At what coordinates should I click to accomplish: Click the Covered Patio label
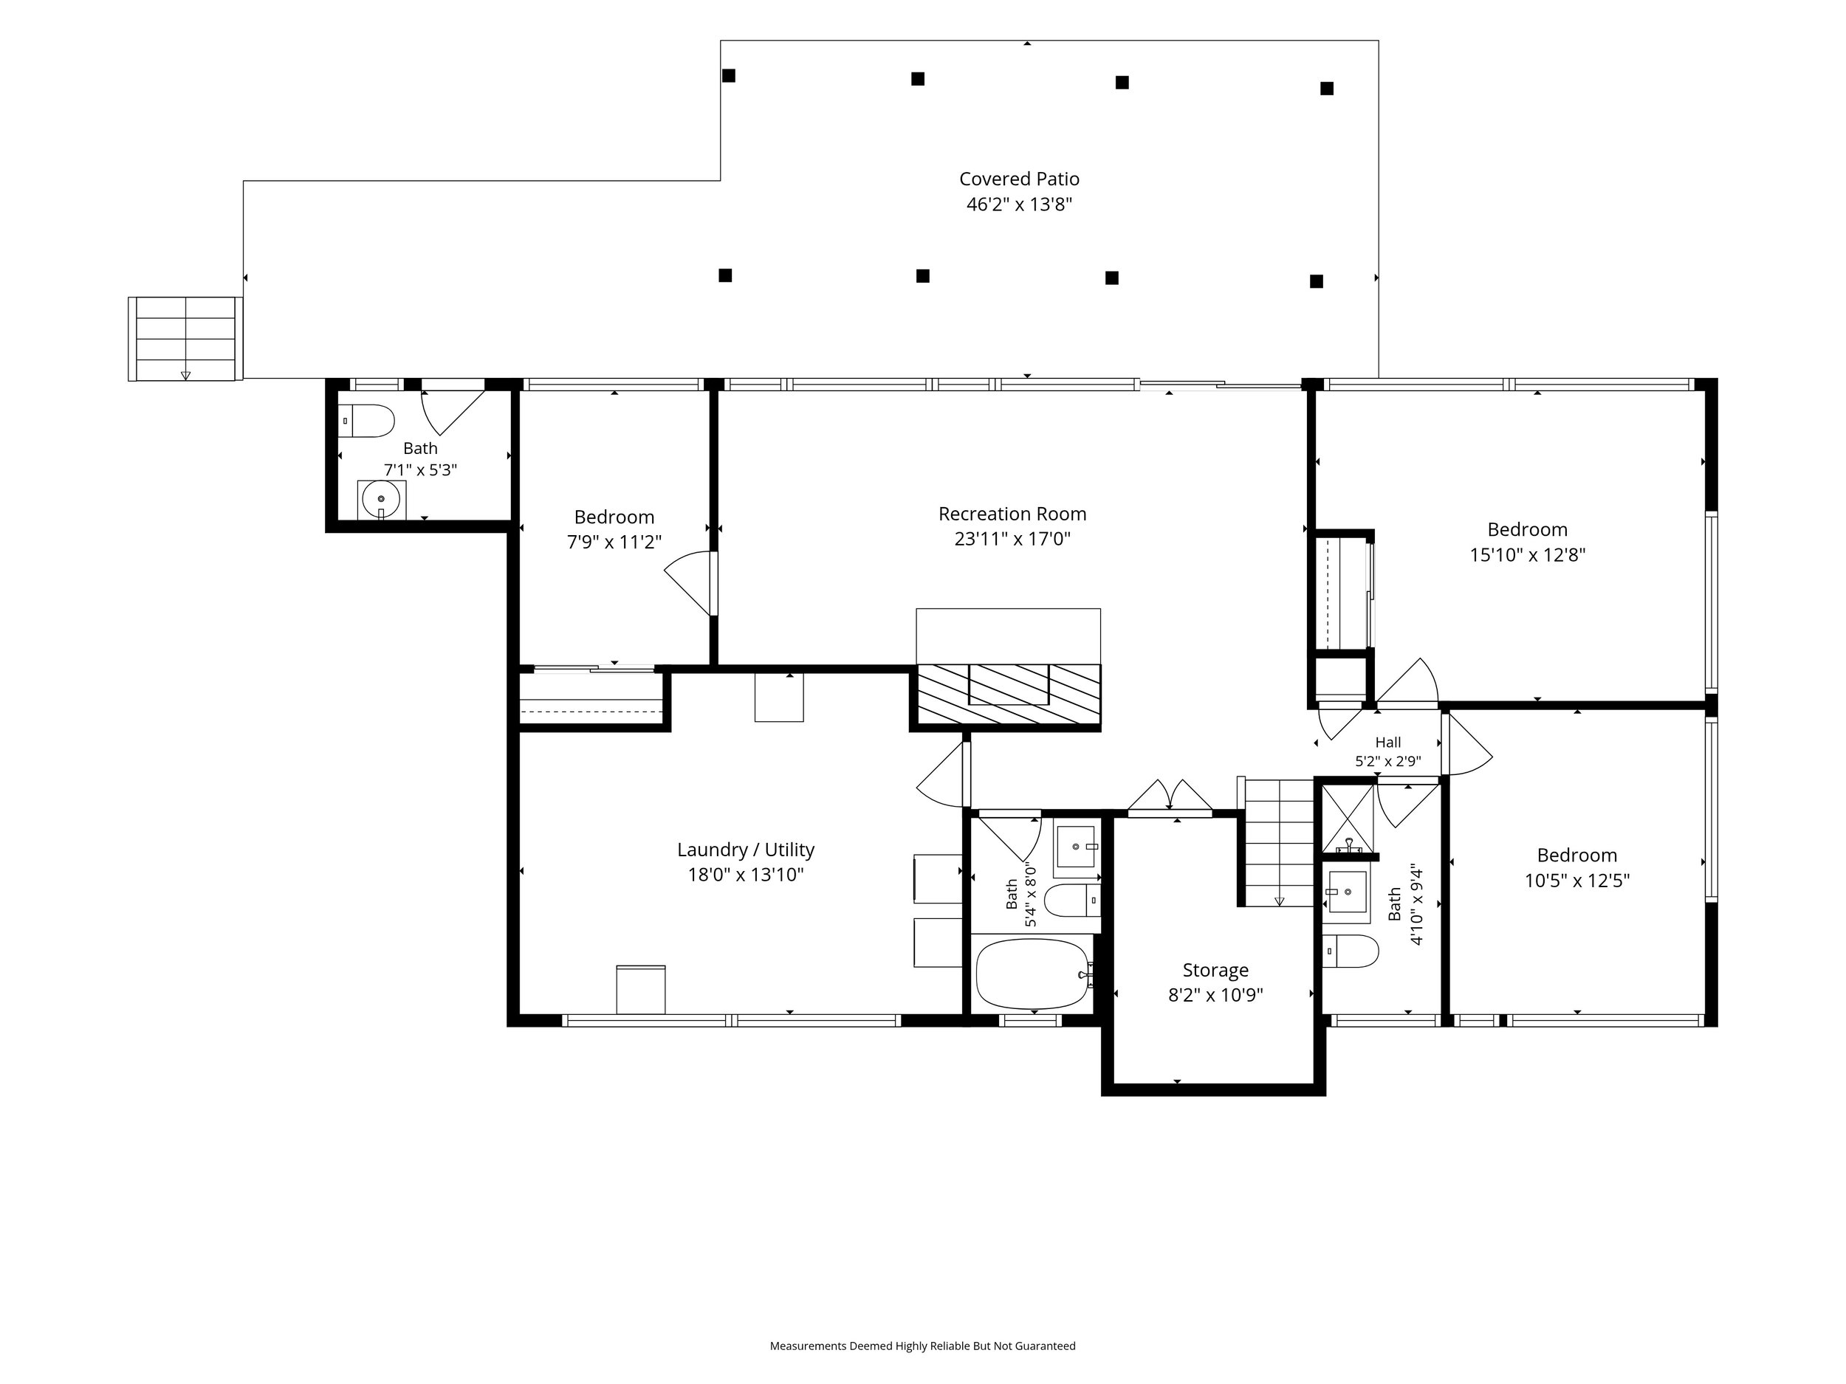[1019, 179]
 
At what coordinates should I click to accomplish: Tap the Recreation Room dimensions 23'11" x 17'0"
[1012, 539]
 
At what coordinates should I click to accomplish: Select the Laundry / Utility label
[745, 850]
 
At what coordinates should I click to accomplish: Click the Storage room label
[1215, 970]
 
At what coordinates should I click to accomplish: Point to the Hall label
[1388, 742]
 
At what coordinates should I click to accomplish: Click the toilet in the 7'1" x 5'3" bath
[366, 421]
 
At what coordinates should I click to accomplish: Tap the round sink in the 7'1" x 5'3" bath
[382, 499]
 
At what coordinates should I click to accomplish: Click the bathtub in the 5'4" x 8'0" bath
[1033, 974]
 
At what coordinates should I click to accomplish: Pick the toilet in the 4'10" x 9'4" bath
[1351, 951]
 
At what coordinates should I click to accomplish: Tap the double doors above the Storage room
[1169, 797]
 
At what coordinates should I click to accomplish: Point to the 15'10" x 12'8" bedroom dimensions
[1527, 555]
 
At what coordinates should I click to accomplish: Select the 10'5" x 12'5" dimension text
[1576, 881]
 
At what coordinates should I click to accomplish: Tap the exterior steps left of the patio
[185, 339]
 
